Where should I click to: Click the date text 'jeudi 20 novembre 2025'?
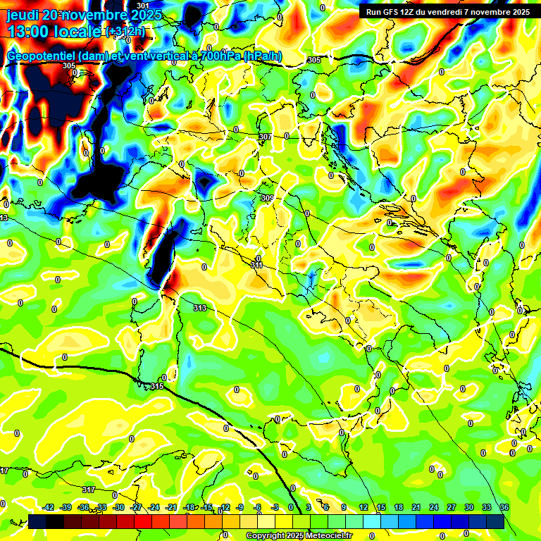[84, 15]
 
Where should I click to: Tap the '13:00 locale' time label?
[55, 31]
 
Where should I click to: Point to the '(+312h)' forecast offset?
[126, 32]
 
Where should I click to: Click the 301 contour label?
[143, 6]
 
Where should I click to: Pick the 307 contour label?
[265, 137]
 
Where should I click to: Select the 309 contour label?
[267, 199]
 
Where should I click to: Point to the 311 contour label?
[257, 266]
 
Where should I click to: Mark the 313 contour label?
[200, 308]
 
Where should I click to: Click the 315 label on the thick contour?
[157, 386]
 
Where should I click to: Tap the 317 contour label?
[88, 490]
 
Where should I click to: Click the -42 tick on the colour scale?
[49, 507]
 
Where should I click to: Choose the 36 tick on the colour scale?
[504, 507]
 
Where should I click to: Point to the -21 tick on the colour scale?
[171, 507]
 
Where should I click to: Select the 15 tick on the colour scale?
[381, 507]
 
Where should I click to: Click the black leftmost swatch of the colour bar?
[37, 521]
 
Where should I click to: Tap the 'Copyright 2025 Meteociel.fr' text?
[299, 535]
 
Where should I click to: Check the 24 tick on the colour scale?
[434, 507]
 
